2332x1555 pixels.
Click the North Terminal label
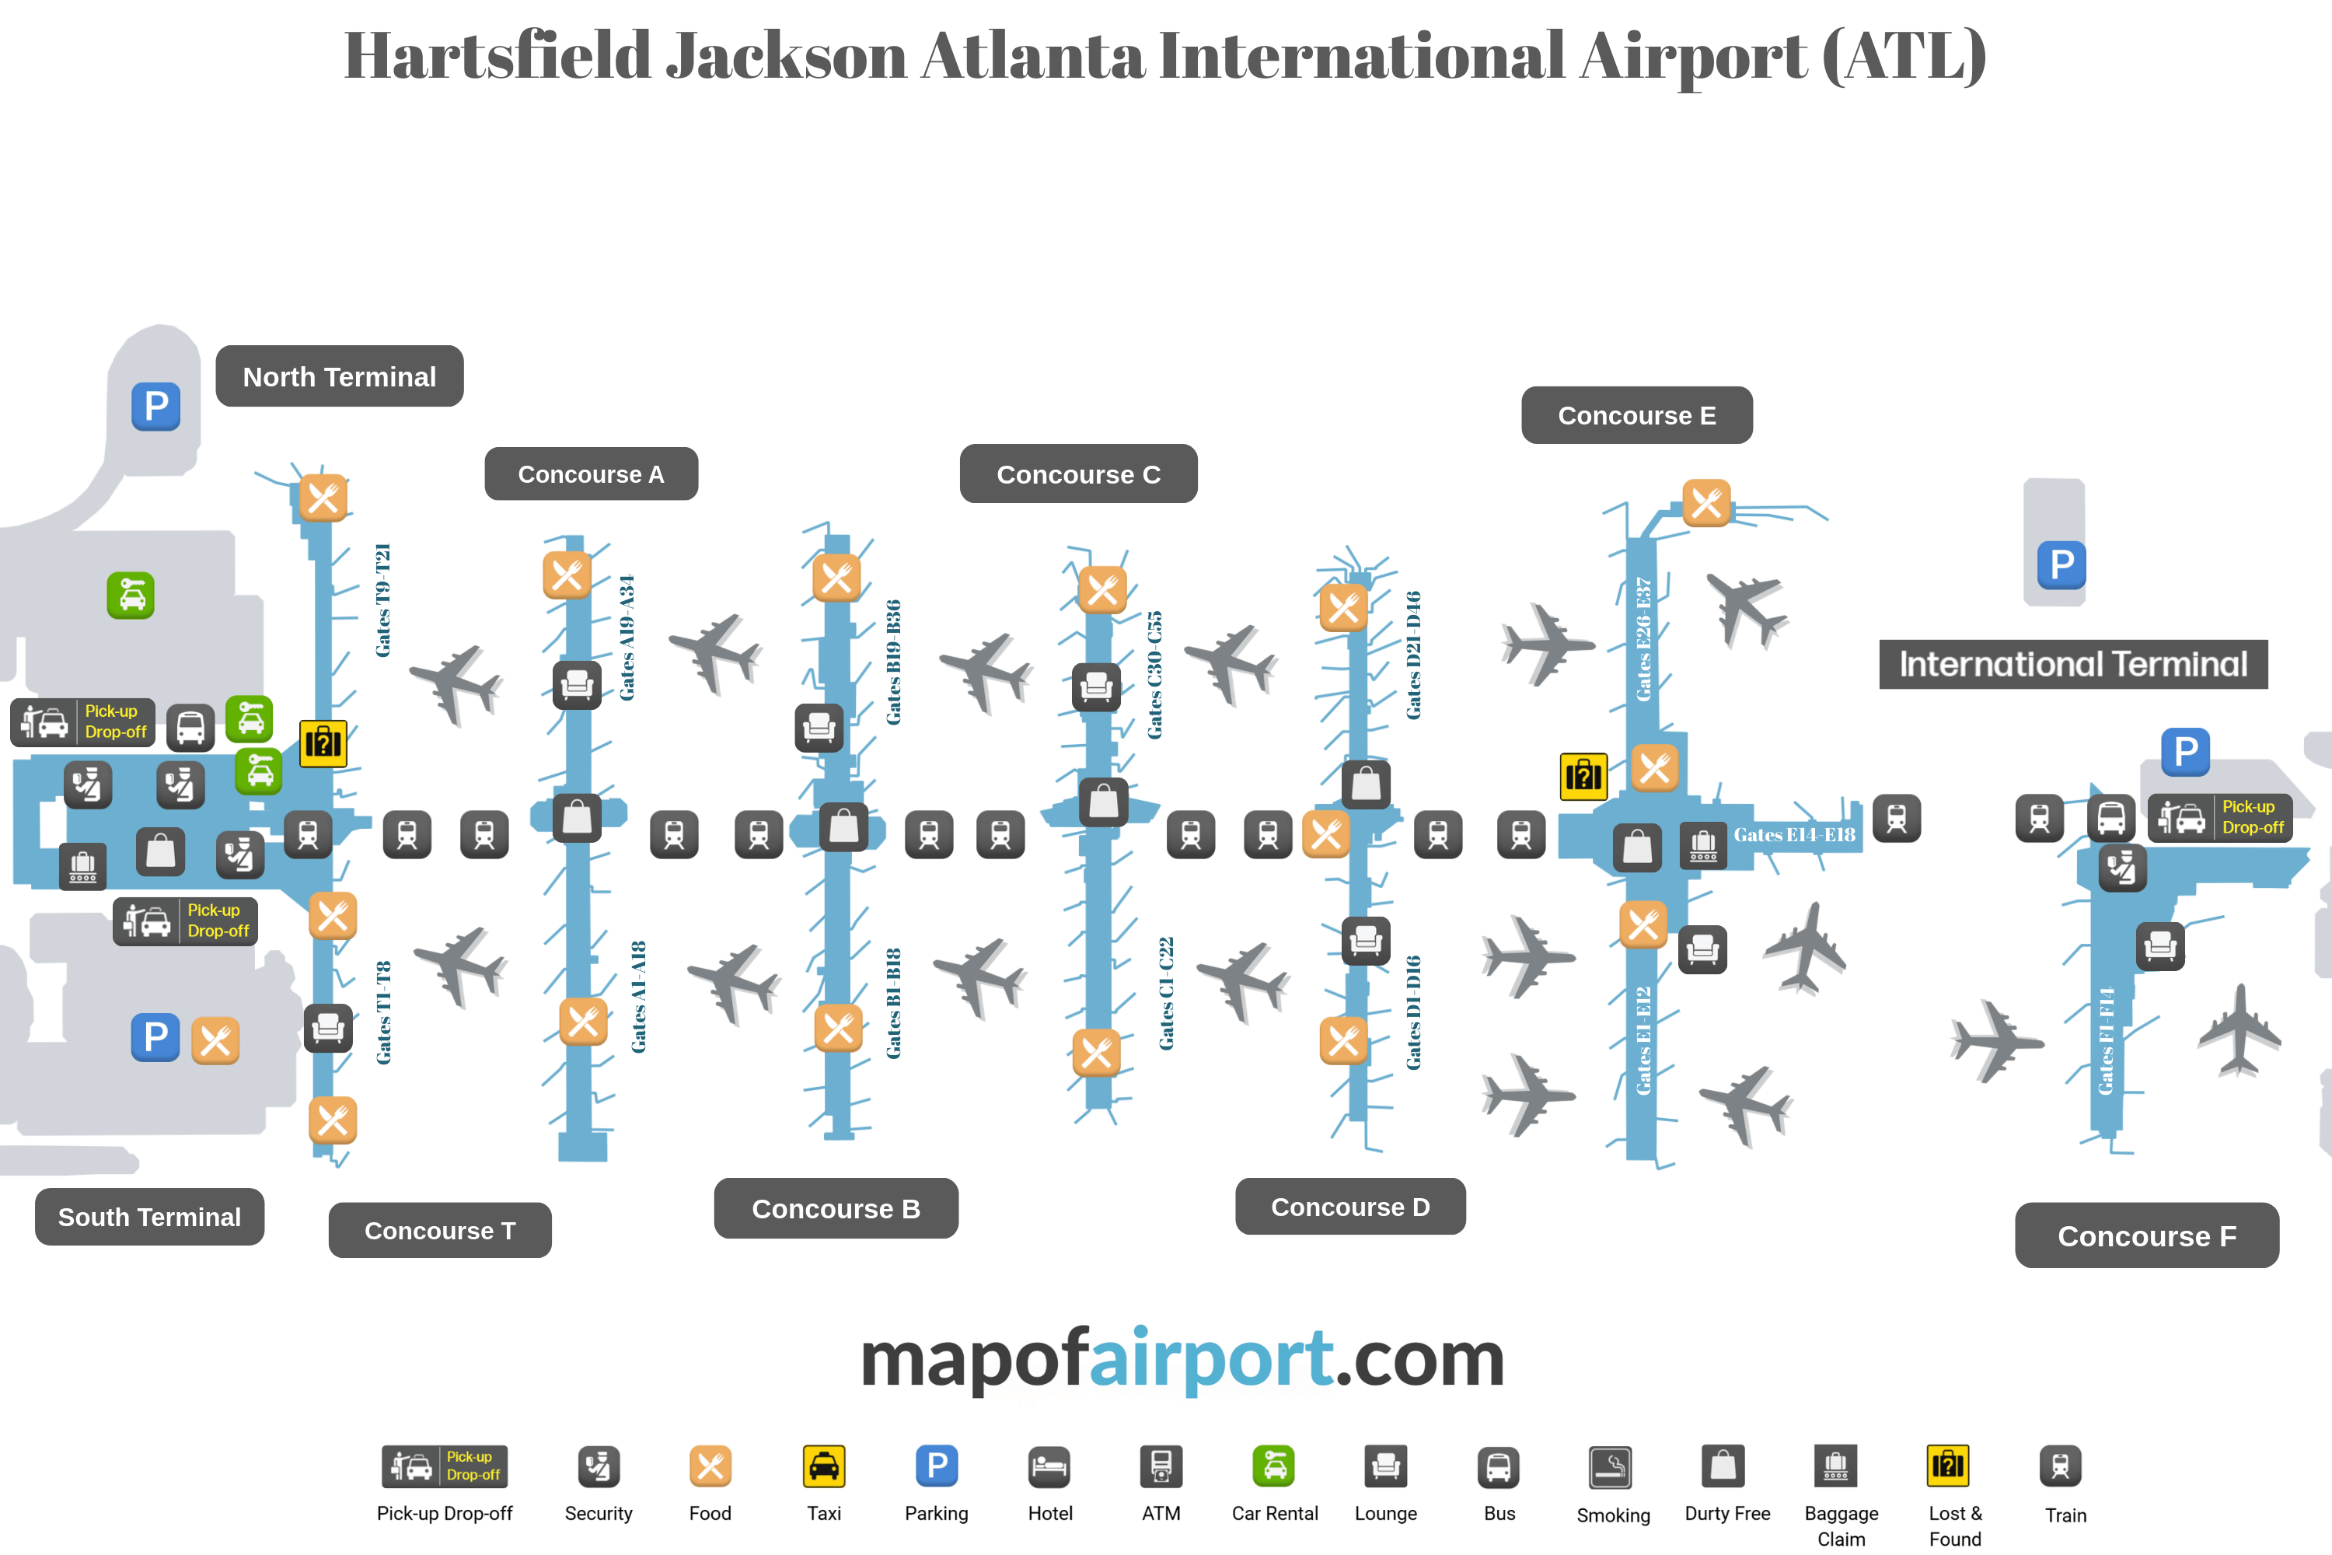coord(339,377)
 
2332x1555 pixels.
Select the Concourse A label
coord(591,474)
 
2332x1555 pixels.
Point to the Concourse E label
coord(1636,415)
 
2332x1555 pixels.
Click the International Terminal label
coord(2072,665)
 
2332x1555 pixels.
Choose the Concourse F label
coord(2146,1235)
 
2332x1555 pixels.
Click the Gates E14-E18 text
coord(1793,835)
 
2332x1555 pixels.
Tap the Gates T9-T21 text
coord(382,600)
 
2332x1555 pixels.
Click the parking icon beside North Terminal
coord(155,407)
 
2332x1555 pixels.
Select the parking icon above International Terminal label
coord(2061,565)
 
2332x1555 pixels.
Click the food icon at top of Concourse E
coord(1706,504)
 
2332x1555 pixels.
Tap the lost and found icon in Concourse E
coord(1583,775)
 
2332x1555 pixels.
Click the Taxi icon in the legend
coord(824,1466)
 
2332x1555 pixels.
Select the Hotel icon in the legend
coord(1049,1466)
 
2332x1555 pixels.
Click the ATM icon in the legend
coord(1161,1466)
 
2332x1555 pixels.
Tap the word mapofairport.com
coord(1182,1358)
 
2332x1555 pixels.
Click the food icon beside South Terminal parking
coord(215,1040)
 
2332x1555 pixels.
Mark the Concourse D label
coord(1349,1207)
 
